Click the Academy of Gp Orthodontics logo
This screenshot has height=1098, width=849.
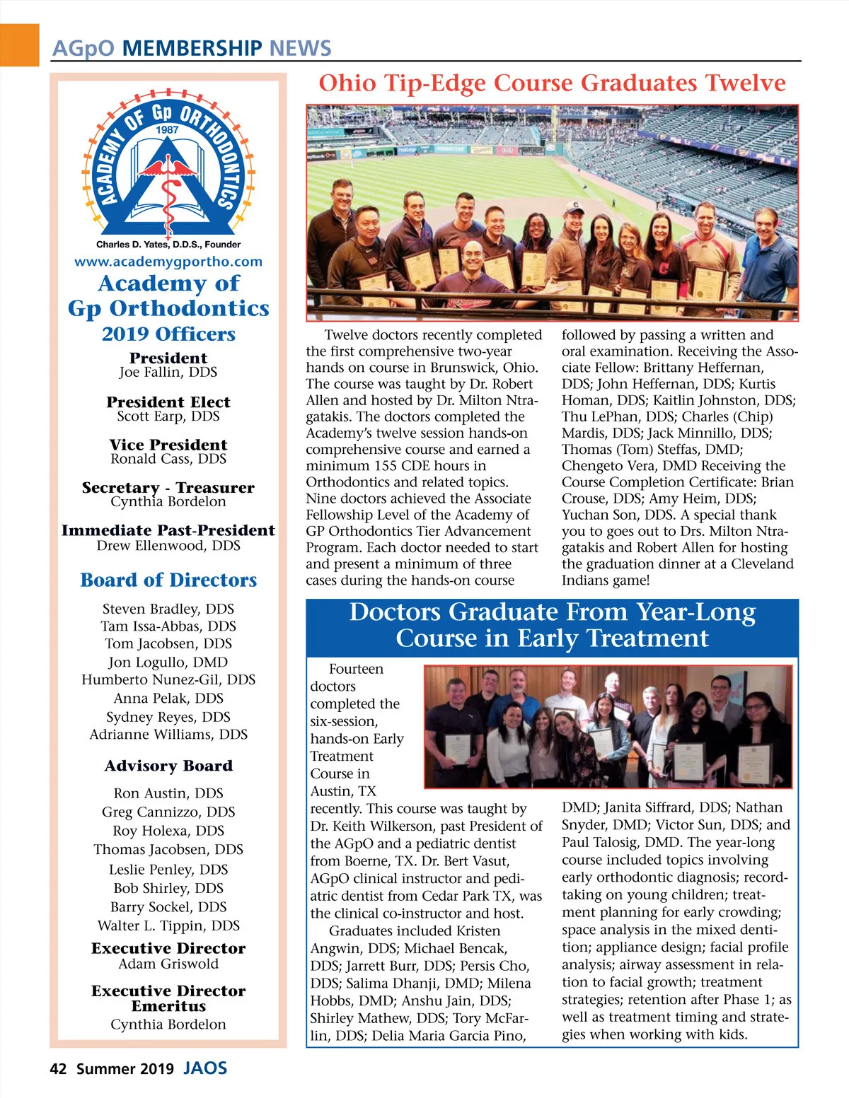[x=168, y=167]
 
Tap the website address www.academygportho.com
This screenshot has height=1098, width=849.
[x=168, y=262]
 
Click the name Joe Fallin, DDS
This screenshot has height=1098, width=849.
[x=168, y=373]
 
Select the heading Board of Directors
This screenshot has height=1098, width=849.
[x=168, y=580]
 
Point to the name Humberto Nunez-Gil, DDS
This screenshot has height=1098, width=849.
[x=168, y=680]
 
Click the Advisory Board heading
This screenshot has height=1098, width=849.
[x=168, y=766]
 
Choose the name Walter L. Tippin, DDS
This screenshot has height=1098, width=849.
[x=168, y=926]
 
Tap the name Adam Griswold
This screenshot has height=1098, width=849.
[x=168, y=964]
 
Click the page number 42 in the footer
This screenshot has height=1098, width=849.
[x=58, y=1069]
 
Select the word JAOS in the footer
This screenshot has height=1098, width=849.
[x=205, y=1068]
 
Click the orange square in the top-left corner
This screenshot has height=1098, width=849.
[x=19, y=45]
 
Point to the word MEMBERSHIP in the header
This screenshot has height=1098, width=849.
[x=192, y=49]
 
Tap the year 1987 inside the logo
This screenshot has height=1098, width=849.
[x=168, y=130]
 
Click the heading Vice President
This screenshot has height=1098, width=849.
[x=168, y=445]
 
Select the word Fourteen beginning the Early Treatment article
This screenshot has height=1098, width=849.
[x=356, y=670]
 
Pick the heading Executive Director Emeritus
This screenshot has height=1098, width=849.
[x=168, y=998]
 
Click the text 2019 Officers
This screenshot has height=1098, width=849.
[x=168, y=334]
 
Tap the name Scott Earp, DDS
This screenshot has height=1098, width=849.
[x=168, y=416]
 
